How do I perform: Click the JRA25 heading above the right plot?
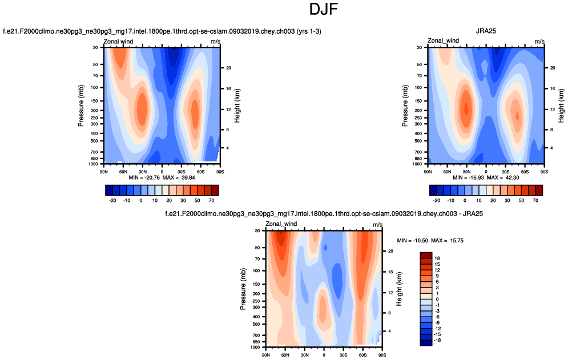[x=486, y=31]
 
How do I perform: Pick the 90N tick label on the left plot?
[x=104, y=171]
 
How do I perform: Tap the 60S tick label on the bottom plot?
[x=362, y=354]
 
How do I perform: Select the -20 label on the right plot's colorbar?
[x=436, y=201]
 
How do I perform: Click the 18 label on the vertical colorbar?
[x=437, y=258]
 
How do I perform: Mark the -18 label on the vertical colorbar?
[x=438, y=341]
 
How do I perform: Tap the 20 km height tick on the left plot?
[x=227, y=68]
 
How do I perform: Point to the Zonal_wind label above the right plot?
[x=444, y=41]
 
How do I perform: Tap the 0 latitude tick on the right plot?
[x=486, y=171]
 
